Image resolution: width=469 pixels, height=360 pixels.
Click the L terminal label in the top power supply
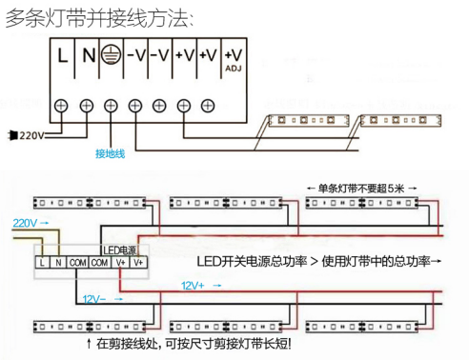[x=63, y=54]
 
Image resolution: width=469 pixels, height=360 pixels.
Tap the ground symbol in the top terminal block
[x=110, y=54]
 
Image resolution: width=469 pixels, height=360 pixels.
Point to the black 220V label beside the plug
[x=31, y=136]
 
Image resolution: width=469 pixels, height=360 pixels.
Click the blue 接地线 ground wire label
[x=110, y=153]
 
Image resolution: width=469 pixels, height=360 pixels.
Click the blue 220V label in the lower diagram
[x=26, y=222]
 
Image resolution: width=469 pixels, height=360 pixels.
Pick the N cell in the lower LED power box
[x=58, y=261]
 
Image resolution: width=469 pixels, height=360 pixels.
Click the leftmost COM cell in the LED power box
[x=77, y=261]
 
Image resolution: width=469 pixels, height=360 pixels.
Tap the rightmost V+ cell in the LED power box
[x=138, y=261]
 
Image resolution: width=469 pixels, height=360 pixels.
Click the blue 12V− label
[x=94, y=299]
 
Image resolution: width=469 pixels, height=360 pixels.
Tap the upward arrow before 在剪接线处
[x=89, y=343]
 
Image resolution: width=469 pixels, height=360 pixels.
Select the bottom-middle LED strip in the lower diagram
[x=222, y=327]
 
